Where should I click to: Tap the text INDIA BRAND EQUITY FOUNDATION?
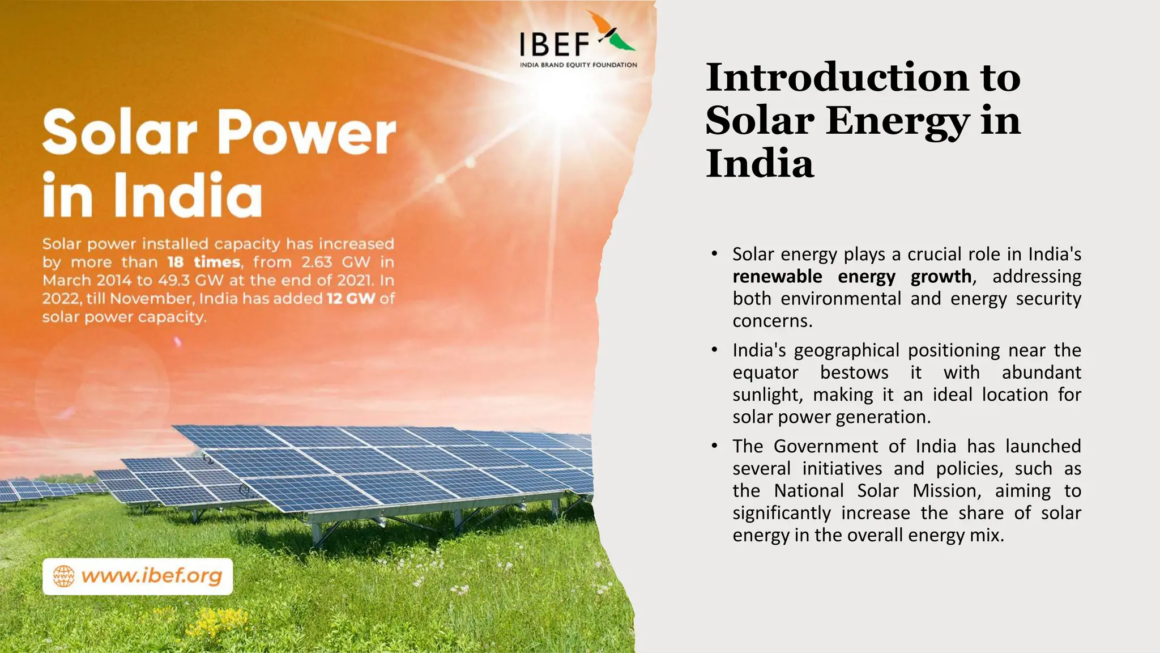click(578, 65)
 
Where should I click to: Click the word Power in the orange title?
click(306, 133)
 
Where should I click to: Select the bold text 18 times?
click(204, 262)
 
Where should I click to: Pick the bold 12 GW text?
click(351, 298)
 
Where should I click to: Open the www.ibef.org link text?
click(152, 576)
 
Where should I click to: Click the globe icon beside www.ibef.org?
click(63, 576)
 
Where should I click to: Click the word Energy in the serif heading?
click(898, 121)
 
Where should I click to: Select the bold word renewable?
click(777, 277)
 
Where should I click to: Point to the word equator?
click(765, 372)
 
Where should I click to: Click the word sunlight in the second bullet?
click(767, 395)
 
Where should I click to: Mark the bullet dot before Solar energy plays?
click(715, 254)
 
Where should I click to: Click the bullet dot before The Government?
click(715, 446)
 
